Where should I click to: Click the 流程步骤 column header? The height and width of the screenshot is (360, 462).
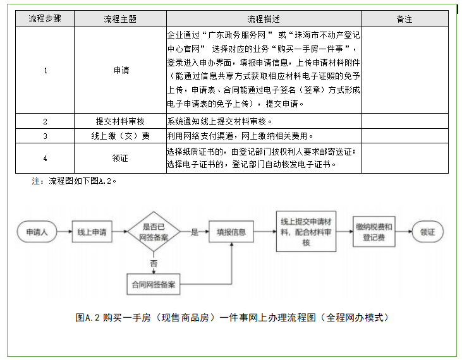coord(45,19)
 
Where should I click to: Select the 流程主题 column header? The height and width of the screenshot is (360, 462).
coord(120,19)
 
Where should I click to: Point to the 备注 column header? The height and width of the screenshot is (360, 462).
coord(404,19)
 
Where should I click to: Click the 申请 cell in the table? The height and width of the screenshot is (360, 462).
coord(120,70)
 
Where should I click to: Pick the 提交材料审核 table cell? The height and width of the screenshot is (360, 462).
coord(120,121)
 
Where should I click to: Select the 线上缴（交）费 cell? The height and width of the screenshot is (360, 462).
coord(120,136)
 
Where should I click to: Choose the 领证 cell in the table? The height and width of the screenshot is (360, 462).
coord(120,158)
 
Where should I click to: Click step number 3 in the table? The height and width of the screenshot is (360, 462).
coord(45,136)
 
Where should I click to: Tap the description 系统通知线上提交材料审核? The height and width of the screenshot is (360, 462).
coord(219,121)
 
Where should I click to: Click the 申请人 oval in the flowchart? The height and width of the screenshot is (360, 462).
coord(37,232)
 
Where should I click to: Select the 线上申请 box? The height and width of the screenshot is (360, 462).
coord(92,232)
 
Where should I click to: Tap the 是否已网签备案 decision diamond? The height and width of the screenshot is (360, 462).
coord(153,232)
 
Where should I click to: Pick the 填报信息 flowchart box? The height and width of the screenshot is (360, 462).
coord(231,232)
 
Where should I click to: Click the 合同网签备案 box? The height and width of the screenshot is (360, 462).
coord(153,285)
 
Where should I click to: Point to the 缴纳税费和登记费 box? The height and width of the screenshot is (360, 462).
coord(374,232)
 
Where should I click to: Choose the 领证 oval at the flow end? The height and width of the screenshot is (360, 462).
coord(427,232)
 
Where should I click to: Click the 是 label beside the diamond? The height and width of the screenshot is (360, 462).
coord(195,232)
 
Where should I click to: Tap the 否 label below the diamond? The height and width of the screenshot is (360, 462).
coord(154,262)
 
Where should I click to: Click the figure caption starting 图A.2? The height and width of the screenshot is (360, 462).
coord(231,318)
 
